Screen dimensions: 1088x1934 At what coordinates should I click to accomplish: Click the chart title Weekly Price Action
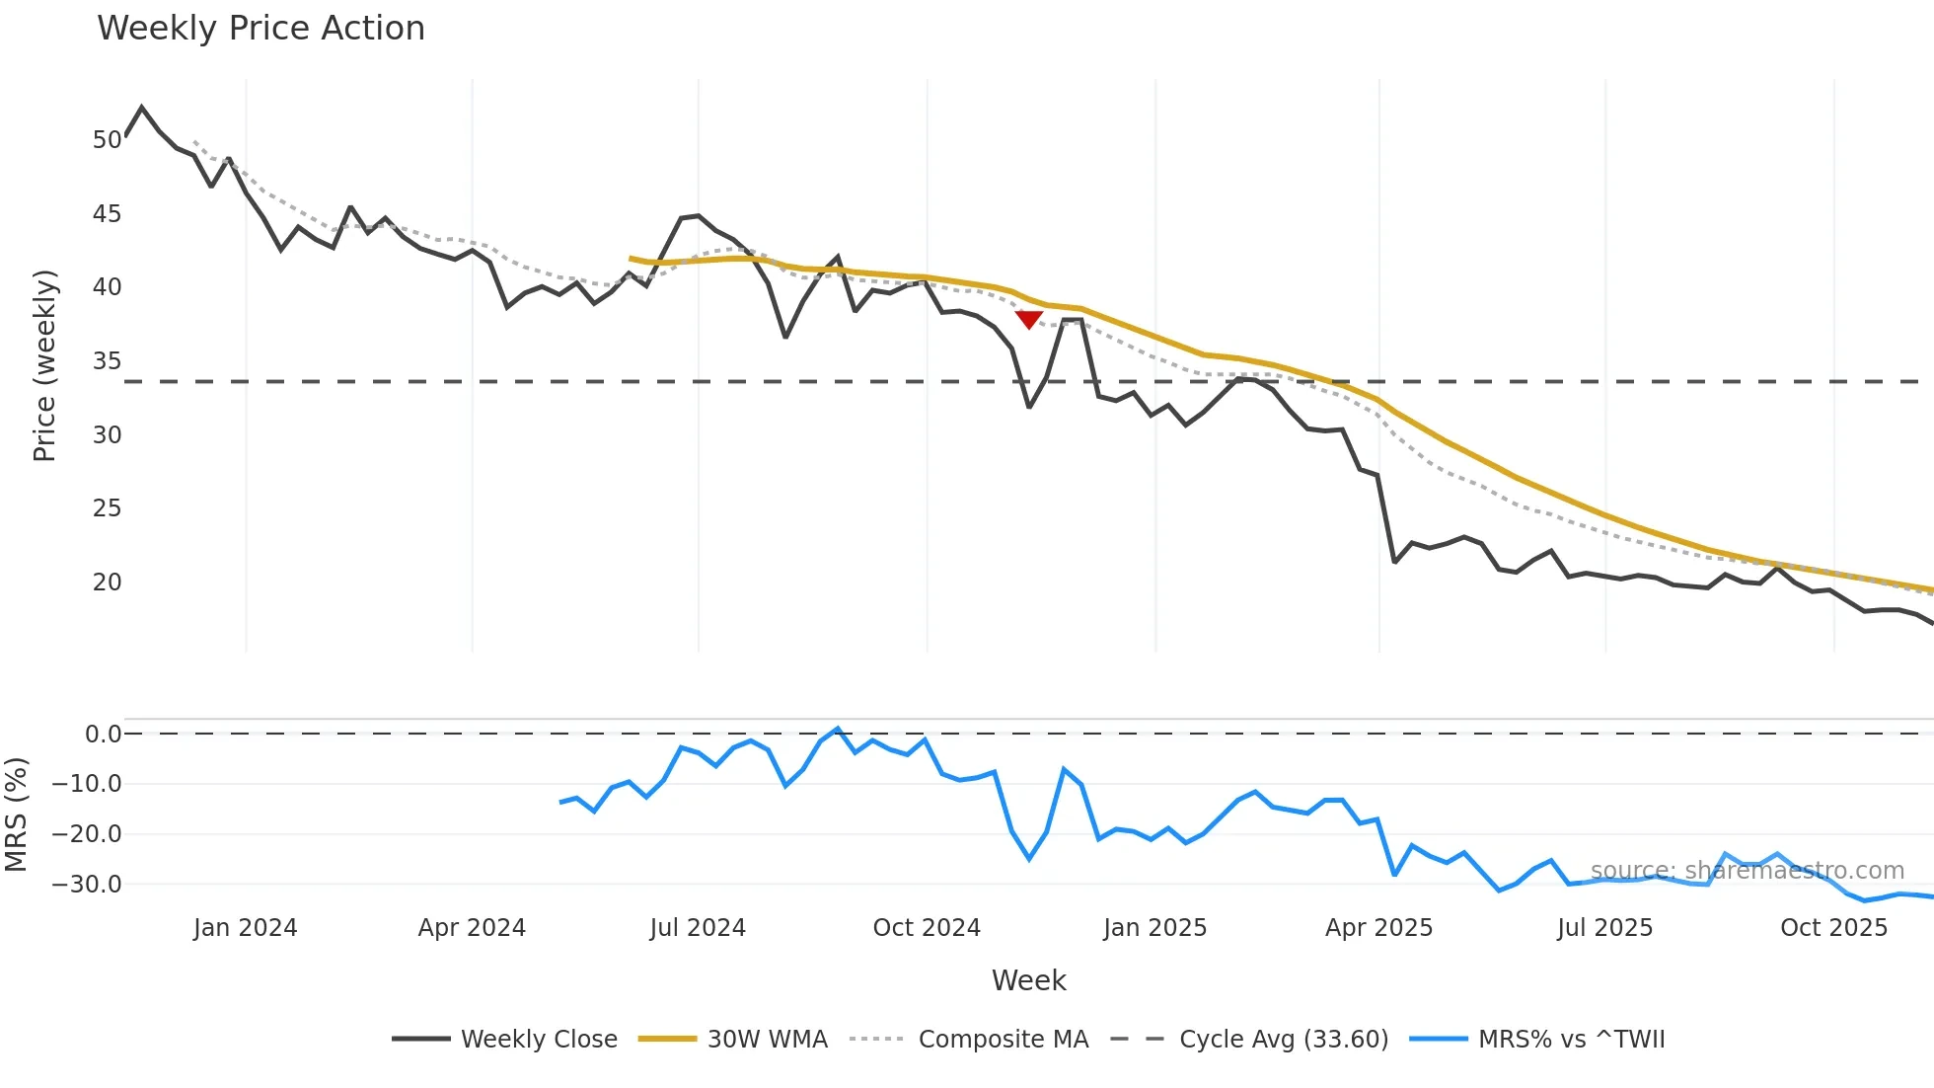coord(260,29)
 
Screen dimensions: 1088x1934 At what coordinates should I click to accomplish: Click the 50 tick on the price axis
coord(107,140)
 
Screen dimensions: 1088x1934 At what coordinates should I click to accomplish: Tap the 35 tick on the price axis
coord(107,361)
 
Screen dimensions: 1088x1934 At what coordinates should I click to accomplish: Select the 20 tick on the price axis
coord(107,583)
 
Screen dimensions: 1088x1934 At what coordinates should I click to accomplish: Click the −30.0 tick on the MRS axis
coord(87,885)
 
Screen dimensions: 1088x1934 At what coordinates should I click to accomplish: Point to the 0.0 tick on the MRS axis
coord(103,735)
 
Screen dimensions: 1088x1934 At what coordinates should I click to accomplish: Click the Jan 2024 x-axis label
coord(245,928)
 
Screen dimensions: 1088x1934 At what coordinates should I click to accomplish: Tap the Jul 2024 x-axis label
coord(698,928)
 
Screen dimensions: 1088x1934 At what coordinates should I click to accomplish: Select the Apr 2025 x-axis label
coord(1378,928)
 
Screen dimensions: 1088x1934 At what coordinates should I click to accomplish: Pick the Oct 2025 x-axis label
coord(1833,928)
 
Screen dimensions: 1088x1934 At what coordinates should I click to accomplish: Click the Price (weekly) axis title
coord(44,365)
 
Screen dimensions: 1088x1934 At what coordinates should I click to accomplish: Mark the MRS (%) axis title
coord(16,815)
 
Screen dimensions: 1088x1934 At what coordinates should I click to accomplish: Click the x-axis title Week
coord(1028,980)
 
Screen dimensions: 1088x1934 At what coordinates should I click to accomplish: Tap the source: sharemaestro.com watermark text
coord(1747,871)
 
